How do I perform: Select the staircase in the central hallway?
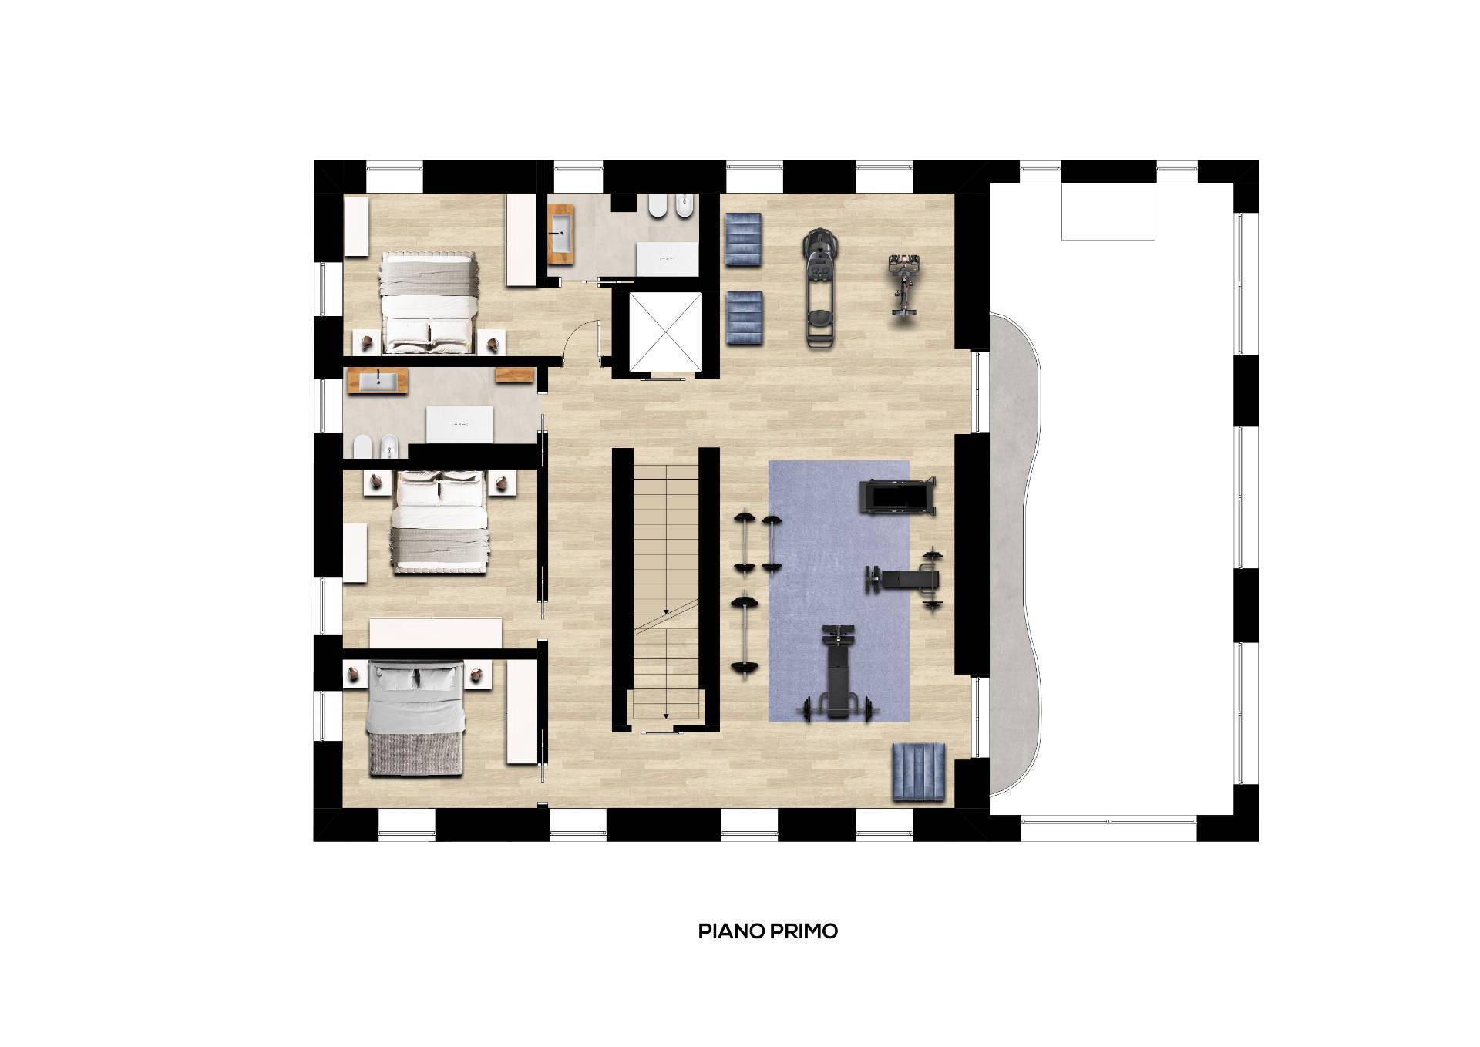point(666,590)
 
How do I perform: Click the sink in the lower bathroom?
point(377,381)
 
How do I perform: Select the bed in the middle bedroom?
point(440,522)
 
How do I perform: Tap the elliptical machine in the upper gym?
point(820,289)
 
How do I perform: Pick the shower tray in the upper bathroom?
point(667,258)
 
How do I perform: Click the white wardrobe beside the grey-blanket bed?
point(522,712)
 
